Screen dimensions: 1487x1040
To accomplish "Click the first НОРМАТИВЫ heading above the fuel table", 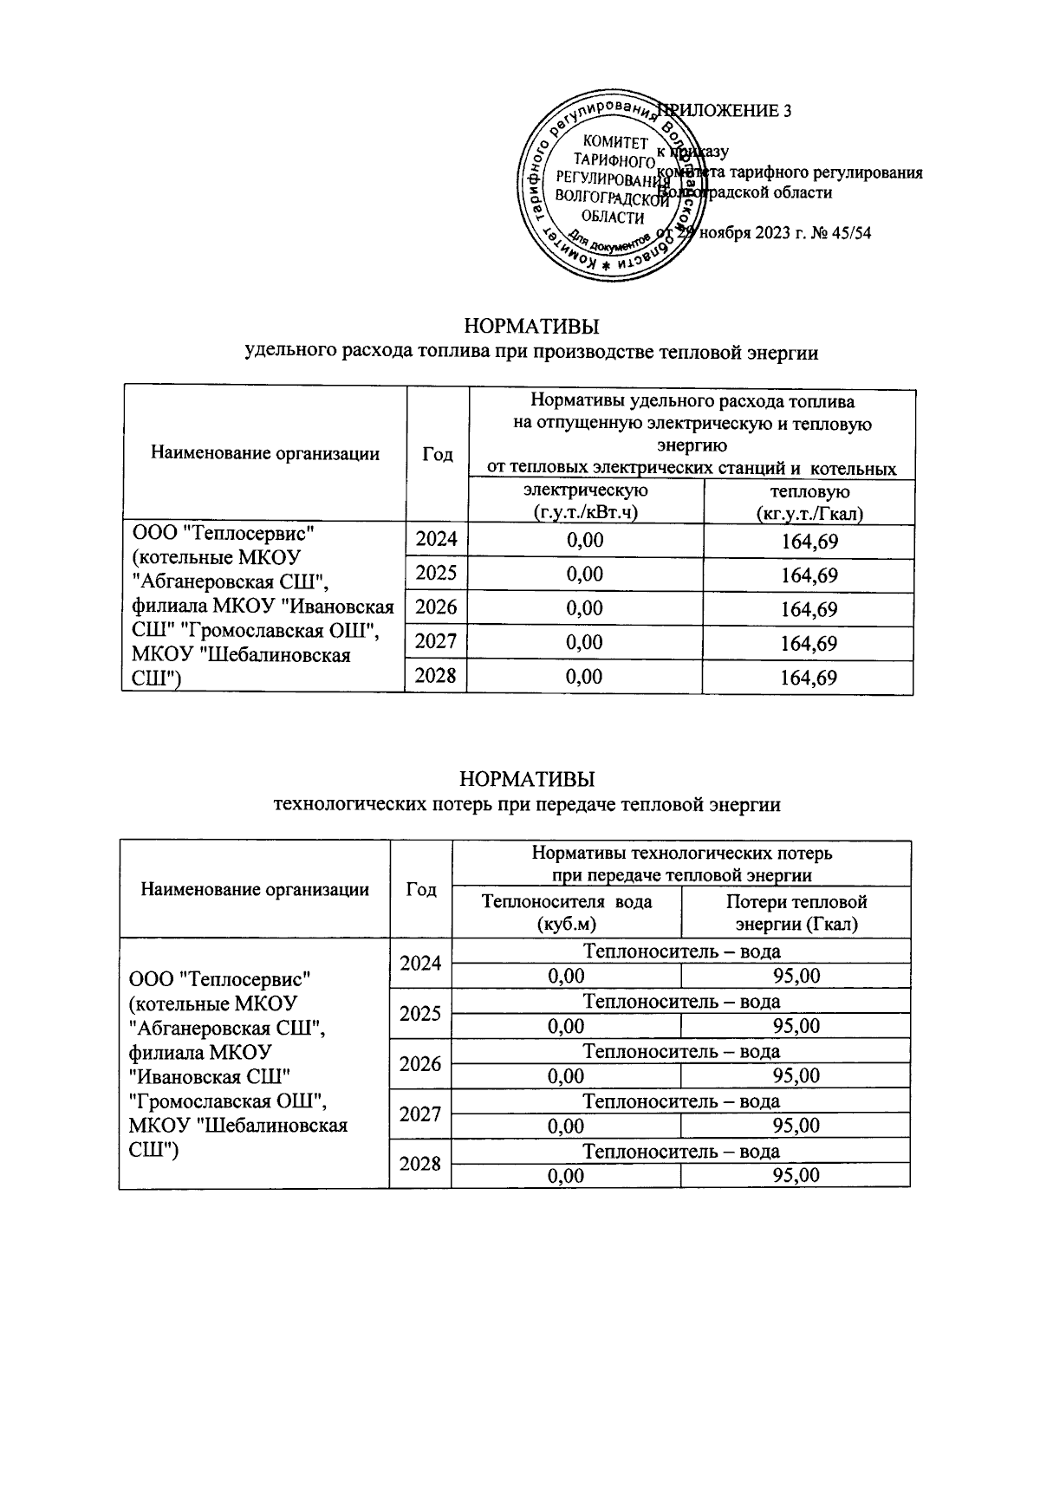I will [531, 328].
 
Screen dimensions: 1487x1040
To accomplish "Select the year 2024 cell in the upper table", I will [436, 541].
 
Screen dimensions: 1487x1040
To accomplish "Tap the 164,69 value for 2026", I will [808, 609].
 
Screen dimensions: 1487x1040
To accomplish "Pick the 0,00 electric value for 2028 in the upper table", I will [584, 677].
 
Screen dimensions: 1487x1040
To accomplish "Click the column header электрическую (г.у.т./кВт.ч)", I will [584, 502].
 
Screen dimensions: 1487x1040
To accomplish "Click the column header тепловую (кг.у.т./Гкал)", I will [808, 502].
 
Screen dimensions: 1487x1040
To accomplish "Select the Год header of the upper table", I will [437, 454].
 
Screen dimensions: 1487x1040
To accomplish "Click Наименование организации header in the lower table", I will [255, 889].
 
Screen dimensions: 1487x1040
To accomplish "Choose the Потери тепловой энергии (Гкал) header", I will [796, 912].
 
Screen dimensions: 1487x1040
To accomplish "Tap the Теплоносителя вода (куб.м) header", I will [566, 912].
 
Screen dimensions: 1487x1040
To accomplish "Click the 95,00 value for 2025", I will [796, 1026].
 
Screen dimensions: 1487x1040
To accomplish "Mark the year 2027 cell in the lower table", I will [420, 1114].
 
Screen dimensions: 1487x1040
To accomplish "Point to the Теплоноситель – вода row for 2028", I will [680, 1151].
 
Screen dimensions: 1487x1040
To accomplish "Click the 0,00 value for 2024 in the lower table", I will [566, 977].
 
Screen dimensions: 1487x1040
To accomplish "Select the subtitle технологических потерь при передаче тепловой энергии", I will [526, 805].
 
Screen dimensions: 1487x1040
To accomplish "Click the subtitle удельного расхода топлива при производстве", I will [531, 353].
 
